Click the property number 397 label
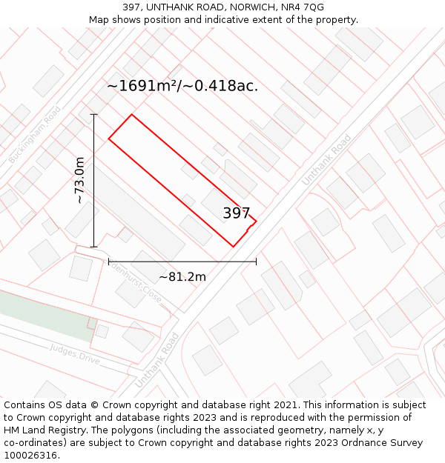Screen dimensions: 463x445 coord(237,213)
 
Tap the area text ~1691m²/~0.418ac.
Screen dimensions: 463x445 coord(182,86)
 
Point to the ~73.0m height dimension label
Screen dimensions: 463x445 coord(79,180)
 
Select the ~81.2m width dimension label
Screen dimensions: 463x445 coord(182,277)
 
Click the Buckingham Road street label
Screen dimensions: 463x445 coord(35,135)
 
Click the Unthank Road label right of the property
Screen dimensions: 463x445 coord(326,160)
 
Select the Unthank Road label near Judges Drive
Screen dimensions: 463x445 coord(157,360)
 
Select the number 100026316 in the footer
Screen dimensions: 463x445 coord(31,456)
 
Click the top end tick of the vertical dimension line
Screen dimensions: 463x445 coord(94,115)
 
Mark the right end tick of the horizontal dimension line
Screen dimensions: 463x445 coord(257,261)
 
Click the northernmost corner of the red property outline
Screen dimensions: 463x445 coord(132,115)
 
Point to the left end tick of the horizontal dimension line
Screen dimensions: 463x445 coord(109,261)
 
